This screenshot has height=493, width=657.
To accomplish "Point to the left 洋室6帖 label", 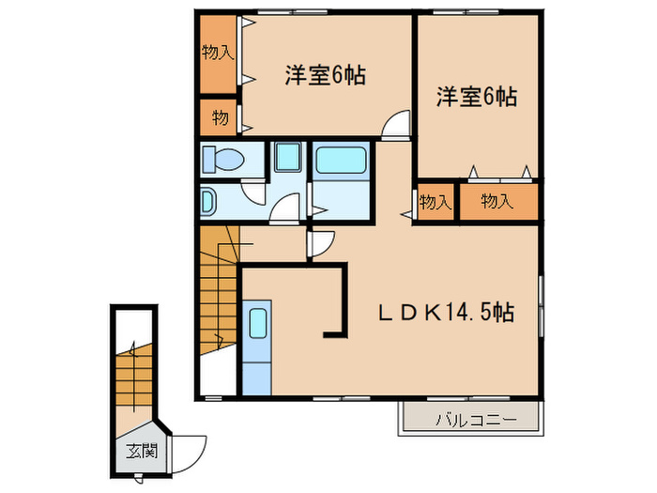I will (x=325, y=76).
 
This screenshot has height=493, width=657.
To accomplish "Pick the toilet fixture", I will (x=223, y=160).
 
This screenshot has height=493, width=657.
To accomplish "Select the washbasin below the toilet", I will (x=207, y=200).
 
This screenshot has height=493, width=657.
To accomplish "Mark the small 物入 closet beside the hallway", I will (x=435, y=202).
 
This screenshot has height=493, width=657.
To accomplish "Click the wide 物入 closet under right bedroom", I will (x=497, y=202).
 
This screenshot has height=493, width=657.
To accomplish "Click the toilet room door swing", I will (x=252, y=189).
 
